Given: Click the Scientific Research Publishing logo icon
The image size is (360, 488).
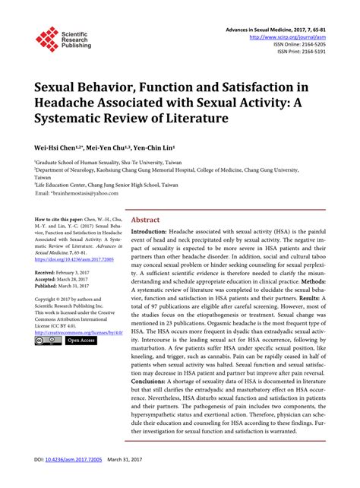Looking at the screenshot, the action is point(47,39).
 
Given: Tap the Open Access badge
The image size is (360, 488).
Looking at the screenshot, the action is point(81,341).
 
